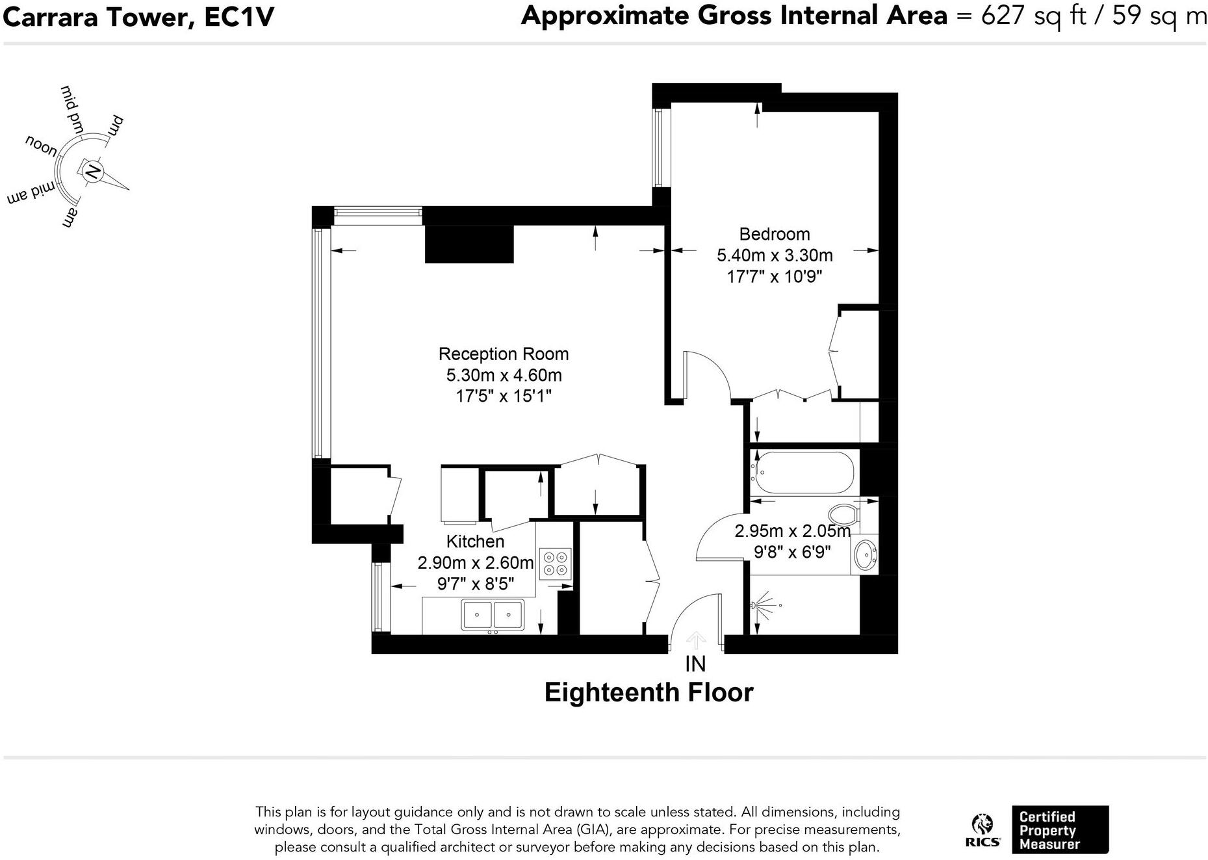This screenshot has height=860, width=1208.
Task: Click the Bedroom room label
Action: click(774, 234)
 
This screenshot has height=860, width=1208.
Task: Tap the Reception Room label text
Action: click(503, 354)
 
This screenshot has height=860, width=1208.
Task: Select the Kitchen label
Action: click(475, 541)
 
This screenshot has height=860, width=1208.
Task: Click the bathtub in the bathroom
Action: click(804, 473)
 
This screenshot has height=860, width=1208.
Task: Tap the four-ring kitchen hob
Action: click(556, 564)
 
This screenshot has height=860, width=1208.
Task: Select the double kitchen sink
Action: click(493, 614)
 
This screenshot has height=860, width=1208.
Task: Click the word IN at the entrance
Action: click(695, 664)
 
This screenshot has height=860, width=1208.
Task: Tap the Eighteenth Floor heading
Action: click(649, 692)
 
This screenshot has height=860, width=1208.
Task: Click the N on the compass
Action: click(93, 172)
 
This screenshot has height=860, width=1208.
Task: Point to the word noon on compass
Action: click(41, 146)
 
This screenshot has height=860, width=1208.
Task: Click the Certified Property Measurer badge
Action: click(1059, 830)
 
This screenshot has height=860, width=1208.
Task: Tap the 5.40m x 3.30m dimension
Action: click(774, 255)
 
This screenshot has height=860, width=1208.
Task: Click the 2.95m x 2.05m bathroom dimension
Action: click(791, 531)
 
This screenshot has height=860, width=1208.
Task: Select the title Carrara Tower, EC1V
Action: click(138, 17)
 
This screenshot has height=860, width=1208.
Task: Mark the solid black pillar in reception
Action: click(469, 244)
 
